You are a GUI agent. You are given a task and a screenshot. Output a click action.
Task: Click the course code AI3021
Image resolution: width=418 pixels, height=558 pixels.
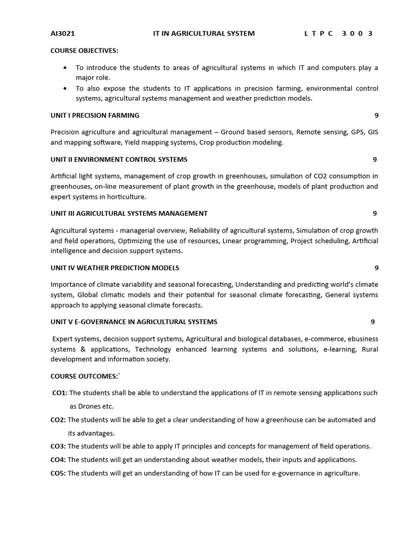pyautogui.click(x=63, y=33)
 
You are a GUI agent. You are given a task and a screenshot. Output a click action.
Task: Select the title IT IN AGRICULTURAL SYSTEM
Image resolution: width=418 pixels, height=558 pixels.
pyautogui.click(x=204, y=33)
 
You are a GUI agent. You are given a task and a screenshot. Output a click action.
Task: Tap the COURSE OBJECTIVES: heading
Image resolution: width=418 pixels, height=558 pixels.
pyautogui.click(x=84, y=51)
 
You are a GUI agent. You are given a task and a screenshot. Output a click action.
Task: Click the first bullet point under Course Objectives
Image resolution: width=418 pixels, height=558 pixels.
pyautogui.click(x=65, y=68)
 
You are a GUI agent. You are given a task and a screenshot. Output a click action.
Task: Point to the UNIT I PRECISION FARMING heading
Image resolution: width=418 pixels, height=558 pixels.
pyautogui.click(x=95, y=116)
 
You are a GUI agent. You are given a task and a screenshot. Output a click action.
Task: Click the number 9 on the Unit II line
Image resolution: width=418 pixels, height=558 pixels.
pyautogui.click(x=374, y=159)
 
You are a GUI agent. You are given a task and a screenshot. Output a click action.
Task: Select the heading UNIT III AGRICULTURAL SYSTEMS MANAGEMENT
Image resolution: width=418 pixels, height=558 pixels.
pyautogui.click(x=129, y=214)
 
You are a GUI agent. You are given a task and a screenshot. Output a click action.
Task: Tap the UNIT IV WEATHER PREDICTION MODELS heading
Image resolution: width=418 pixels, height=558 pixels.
pyautogui.click(x=115, y=268)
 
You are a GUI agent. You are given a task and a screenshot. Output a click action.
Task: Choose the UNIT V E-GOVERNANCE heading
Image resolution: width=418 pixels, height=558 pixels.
pyautogui.click(x=134, y=322)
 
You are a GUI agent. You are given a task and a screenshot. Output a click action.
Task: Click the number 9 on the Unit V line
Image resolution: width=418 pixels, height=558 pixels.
pyautogui.click(x=373, y=322)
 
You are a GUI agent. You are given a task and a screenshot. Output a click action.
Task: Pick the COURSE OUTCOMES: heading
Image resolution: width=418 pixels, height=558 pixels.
pyautogui.click(x=84, y=376)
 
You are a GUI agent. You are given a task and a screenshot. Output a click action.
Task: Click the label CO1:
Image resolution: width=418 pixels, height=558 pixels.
pyautogui.click(x=60, y=393)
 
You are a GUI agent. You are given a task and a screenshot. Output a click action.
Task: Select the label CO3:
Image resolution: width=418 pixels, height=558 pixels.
pyautogui.click(x=58, y=446)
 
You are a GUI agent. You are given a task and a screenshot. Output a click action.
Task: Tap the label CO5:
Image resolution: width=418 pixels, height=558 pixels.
pyautogui.click(x=58, y=473)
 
